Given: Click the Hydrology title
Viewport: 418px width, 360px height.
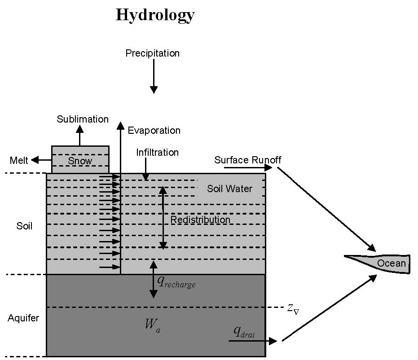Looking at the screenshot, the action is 155,15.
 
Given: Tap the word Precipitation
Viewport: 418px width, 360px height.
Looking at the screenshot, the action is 153,53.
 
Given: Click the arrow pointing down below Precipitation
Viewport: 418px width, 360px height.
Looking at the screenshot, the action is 154,76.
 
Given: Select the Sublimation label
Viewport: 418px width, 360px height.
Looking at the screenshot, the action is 83,119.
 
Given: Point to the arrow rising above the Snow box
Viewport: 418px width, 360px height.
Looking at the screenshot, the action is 80,136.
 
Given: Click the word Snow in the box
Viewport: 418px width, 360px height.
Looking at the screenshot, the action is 80,161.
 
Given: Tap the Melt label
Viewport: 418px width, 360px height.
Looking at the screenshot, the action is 19,160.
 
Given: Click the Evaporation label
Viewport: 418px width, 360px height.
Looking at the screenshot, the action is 154,131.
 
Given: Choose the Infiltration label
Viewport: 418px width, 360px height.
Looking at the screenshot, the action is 157,153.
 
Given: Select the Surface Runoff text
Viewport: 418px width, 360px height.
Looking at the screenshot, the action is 248,160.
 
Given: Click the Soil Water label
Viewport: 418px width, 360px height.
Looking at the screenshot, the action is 229,189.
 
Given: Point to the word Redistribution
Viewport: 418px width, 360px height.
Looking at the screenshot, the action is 200,220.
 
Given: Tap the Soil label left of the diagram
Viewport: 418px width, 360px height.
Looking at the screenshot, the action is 24,226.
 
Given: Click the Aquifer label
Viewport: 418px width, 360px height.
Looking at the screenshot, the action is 23,318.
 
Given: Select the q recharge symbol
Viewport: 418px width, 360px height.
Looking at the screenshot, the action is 176,282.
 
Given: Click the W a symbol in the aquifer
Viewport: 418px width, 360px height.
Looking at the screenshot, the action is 153,325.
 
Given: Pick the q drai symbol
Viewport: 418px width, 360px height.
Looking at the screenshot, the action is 244,332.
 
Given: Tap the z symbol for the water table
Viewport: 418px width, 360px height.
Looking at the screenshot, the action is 293,309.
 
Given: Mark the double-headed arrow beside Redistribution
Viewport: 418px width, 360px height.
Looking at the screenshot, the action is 163,218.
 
